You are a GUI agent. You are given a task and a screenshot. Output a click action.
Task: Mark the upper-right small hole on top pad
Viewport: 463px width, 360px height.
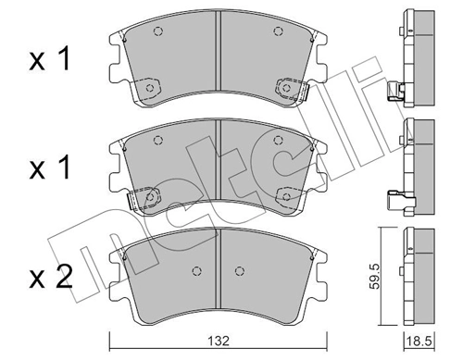(x=277, y=34)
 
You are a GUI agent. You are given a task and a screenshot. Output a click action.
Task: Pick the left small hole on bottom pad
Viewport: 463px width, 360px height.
(x=194, y=270)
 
